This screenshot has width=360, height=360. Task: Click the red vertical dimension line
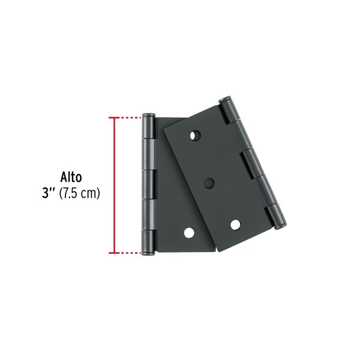tap(110, 185)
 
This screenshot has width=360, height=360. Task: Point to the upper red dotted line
tap(127, 118)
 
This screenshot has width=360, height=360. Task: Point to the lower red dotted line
tap(127, 253)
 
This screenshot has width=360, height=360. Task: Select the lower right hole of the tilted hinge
tap(235, 224)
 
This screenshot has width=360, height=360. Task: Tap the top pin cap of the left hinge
tap(149, 115)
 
